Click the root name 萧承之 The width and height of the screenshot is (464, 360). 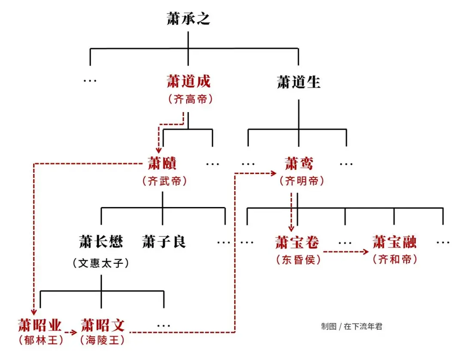pos(188,19)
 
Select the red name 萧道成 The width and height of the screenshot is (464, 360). pos(189,81)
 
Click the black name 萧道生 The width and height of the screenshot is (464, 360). pos(299,82)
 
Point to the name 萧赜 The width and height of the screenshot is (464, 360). pos(162,163)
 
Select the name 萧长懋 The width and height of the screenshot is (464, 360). pos(101,241)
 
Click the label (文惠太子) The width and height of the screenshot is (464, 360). pos(101,262)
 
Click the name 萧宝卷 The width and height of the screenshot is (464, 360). pos(297,242)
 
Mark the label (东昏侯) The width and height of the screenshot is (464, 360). pos(298,260)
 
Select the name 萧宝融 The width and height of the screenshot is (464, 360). pos(394,242)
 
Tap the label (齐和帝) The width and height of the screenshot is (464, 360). pos(394,259)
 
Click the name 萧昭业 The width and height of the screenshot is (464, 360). pos(40,325)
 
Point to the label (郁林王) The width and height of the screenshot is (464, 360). pos(40,341)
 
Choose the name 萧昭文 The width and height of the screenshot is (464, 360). pos(102,325)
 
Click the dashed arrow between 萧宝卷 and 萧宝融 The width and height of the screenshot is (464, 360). pos(346,252)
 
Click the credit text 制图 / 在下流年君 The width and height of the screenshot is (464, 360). pos(351,326)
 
